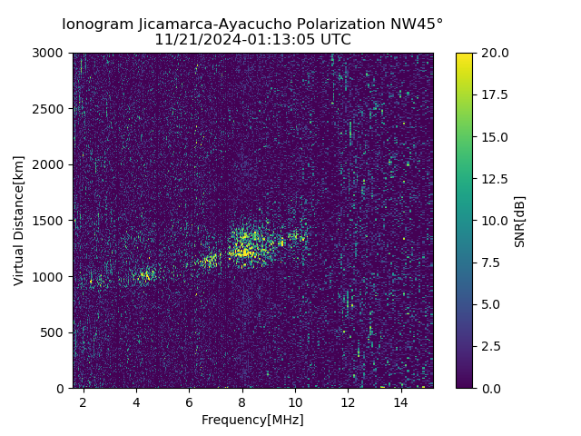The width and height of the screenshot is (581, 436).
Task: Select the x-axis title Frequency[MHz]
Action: point(252,420)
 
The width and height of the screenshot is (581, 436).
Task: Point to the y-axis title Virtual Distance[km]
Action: point(19,220)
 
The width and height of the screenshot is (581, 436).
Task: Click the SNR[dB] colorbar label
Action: point(520,221)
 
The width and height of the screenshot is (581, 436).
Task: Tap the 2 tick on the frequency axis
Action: point(84,401)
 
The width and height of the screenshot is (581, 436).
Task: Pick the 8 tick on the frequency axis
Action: point(242,401)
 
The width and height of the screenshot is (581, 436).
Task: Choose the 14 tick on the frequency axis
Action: point(400,401)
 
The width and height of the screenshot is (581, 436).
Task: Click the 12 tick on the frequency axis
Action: point(348,401)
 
